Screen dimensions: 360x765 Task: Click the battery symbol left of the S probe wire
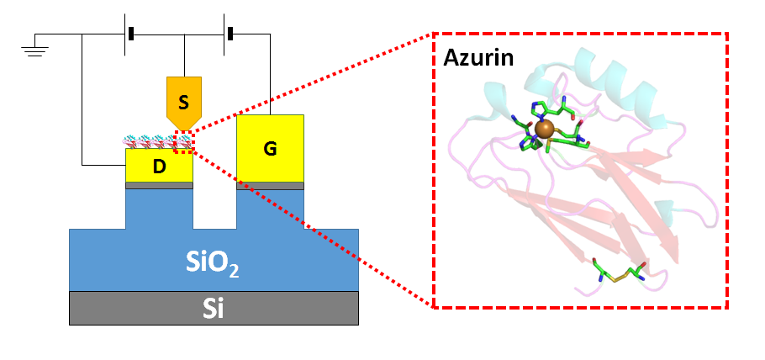pos(130,34)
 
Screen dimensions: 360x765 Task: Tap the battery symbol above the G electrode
pos(228,34)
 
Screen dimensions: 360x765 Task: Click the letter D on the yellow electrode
pos(159,167)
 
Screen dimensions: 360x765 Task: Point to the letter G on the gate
pos(270,149)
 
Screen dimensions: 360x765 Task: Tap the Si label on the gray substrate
pos(212,309)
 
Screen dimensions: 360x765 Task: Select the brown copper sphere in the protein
pos(545,129)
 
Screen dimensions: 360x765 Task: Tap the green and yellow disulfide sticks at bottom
pos(618,273)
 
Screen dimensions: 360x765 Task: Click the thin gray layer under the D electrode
pos(159,186)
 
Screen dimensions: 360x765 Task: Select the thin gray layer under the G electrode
pos(270,186)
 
